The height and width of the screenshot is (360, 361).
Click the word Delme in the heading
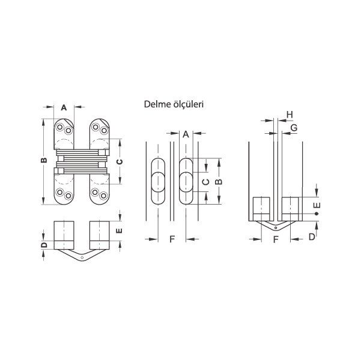[156, 104]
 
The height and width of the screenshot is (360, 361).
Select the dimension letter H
[290, 115]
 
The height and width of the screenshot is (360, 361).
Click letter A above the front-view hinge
[64, 108]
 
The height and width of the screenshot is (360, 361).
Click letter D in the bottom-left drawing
[43, 246]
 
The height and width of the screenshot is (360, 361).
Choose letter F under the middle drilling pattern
[172, 239]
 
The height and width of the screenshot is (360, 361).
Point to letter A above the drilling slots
[186, 134]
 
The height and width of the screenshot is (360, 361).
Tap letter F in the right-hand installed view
[276, 239]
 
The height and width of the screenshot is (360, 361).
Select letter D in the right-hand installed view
[311, 237]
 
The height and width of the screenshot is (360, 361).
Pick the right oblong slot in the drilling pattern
[186, 182]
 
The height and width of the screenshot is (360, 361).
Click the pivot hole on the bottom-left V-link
[82, 258]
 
